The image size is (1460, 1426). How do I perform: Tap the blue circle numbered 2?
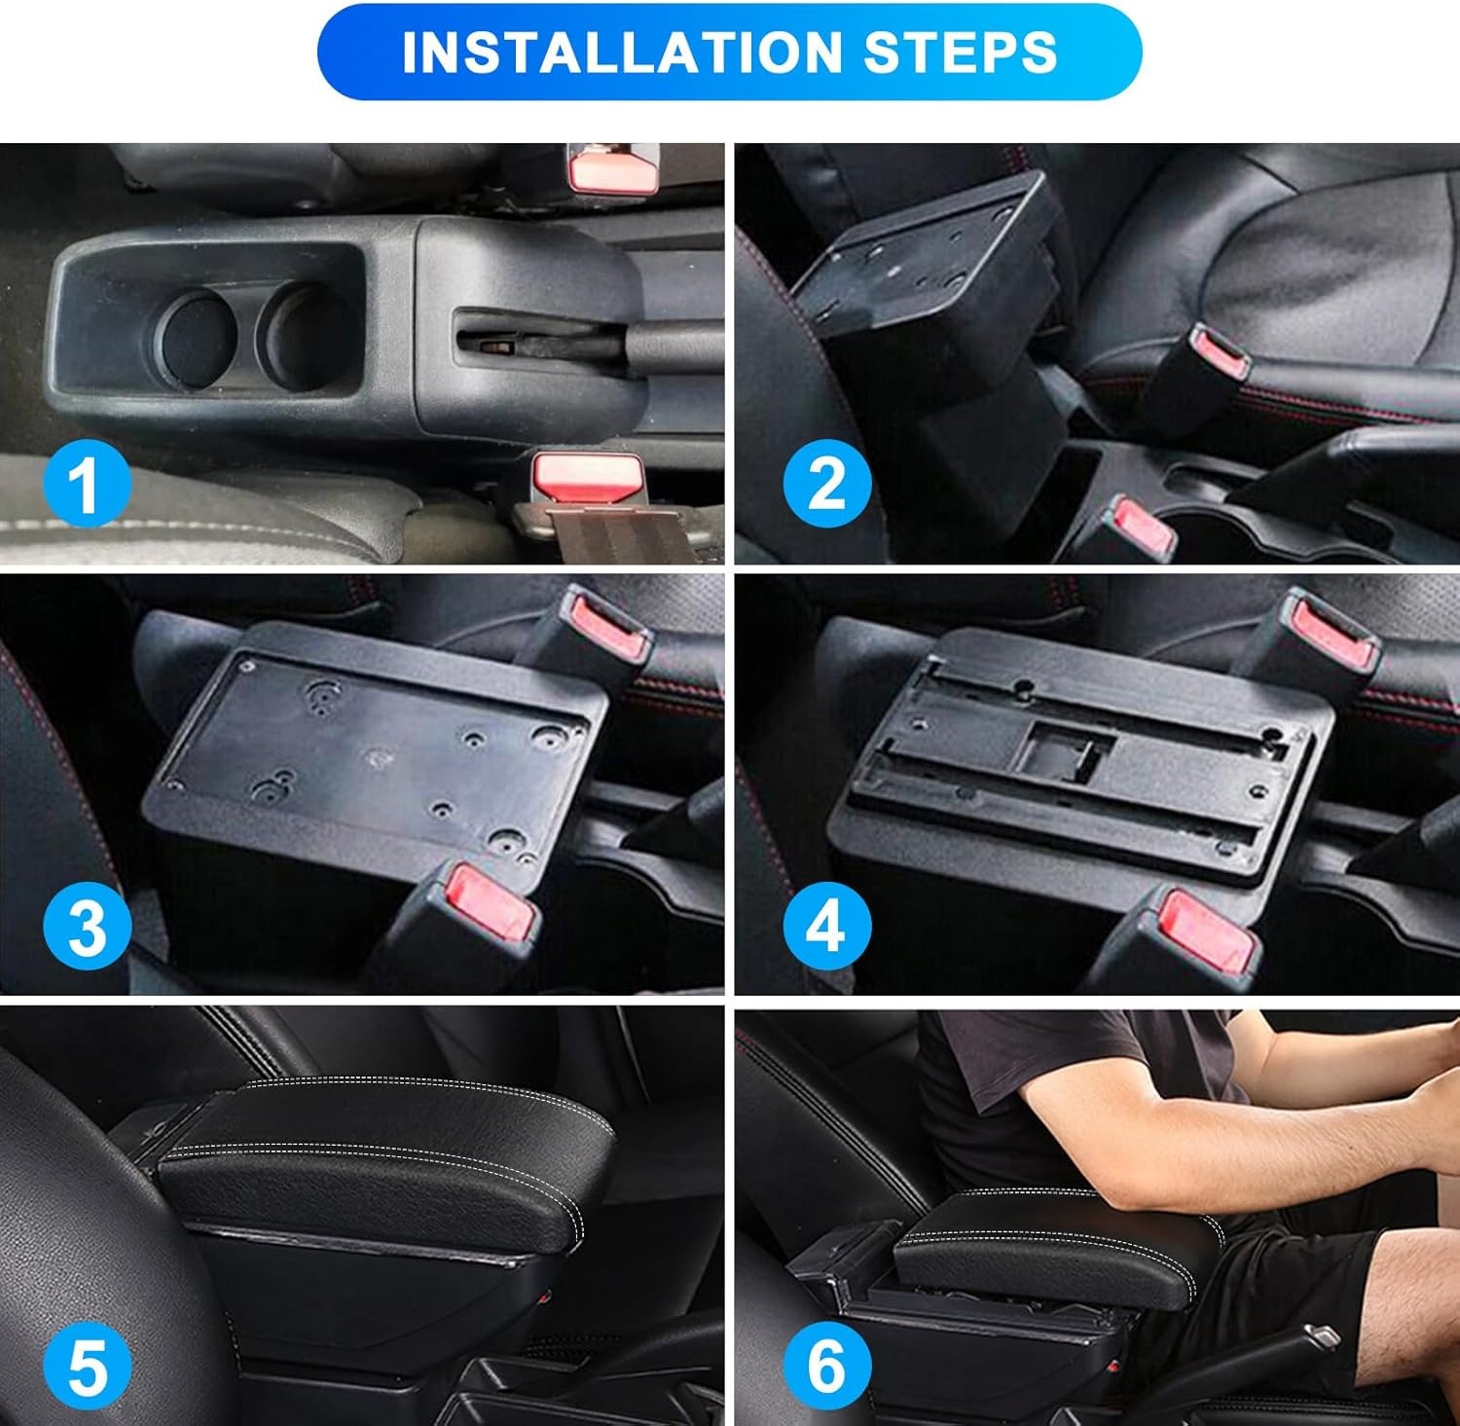coord(825,483)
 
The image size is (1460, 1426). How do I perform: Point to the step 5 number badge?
coord(87,1367)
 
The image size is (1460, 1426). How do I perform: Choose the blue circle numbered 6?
coord(825,1367)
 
